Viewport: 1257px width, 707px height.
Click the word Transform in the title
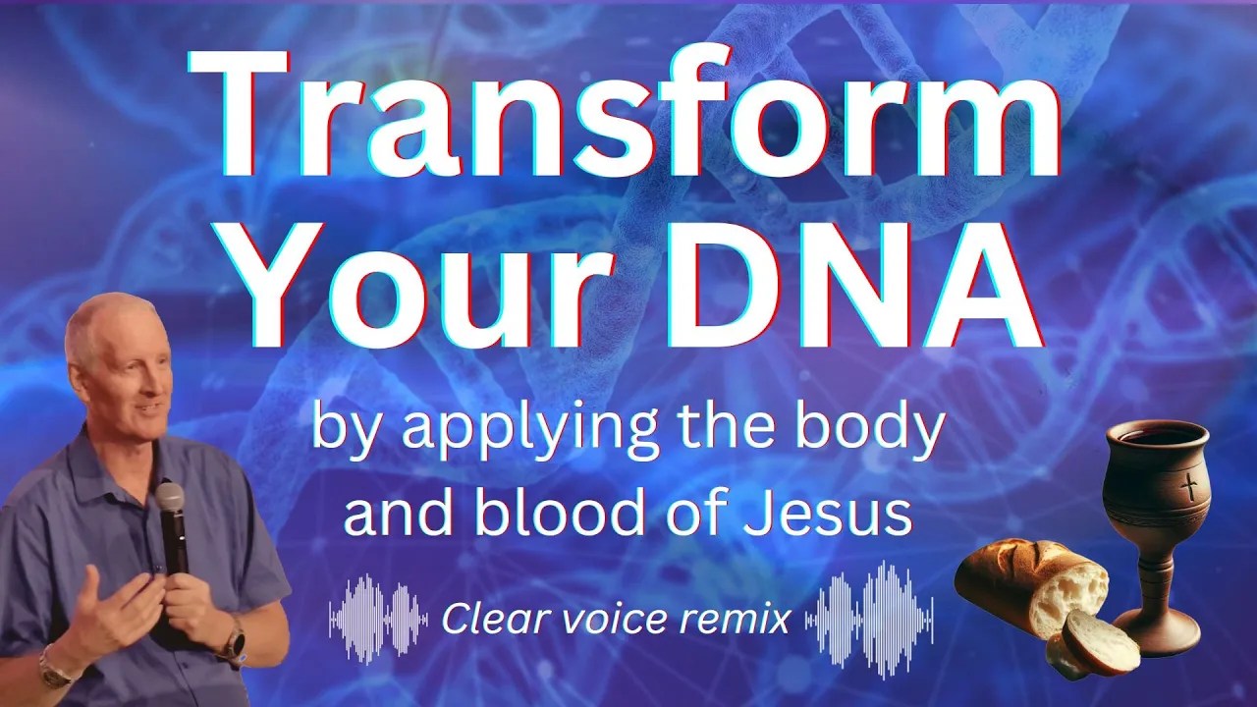point(624,115)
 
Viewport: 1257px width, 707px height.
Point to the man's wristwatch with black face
point(237,639)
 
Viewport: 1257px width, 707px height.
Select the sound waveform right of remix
point(869,619)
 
